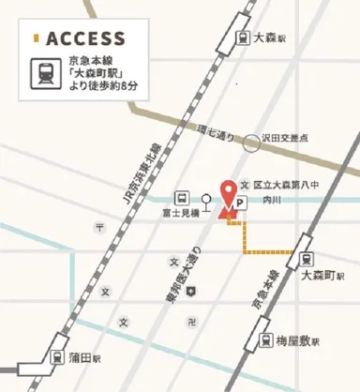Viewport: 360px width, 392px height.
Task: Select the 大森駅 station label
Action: point(269,39)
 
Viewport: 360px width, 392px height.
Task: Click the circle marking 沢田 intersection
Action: point(251,143)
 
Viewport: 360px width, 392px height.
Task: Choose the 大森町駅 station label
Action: point(323,277)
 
